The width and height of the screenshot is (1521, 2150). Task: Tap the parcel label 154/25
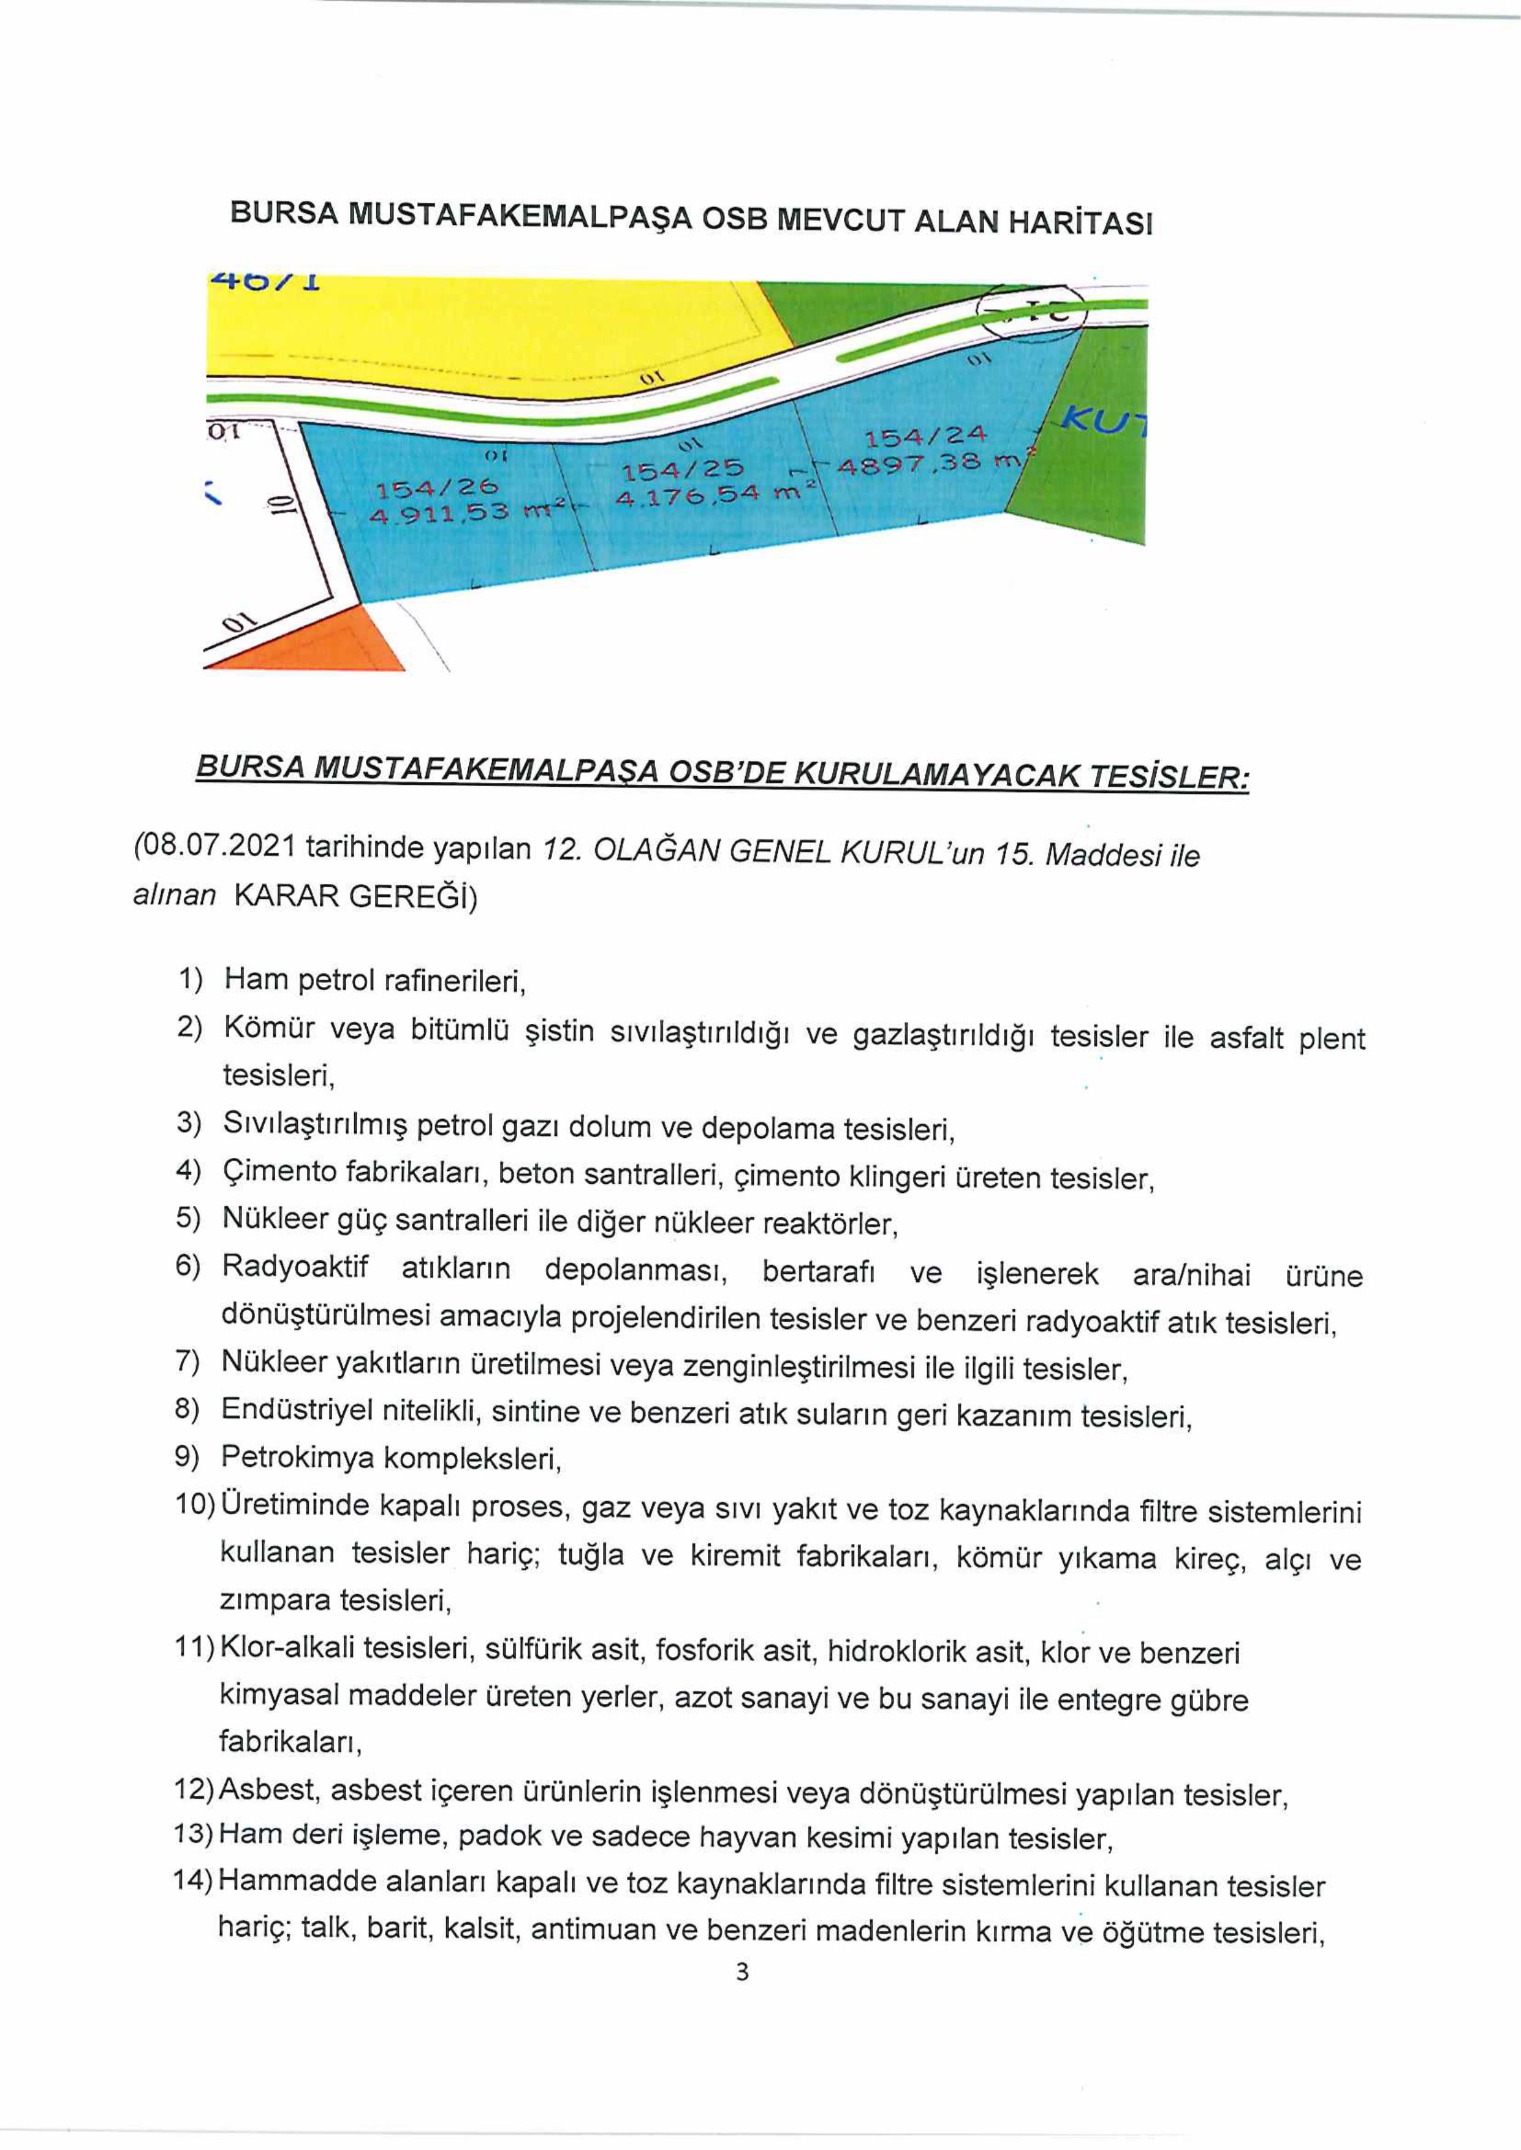683,468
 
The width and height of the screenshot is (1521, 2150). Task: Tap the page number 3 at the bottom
742,1972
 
